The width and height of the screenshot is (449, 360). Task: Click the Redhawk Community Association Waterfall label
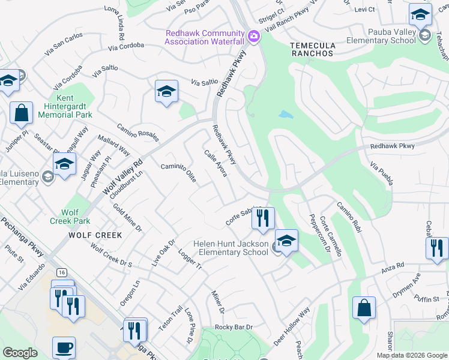tap(205, 37)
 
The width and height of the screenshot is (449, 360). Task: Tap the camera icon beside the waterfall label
tap(253, 37)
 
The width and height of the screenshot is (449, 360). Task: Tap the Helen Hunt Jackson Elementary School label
tap(231, 248)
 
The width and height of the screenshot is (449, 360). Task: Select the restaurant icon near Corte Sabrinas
tap(262, 218)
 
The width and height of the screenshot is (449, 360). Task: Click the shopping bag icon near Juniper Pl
tap(21, 113)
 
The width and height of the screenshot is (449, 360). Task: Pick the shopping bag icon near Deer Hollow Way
tap(364, 308)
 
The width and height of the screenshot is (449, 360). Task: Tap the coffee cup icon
tap(64, 347)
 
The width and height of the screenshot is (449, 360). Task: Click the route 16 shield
tap(63, 272)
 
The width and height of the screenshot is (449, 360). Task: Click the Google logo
tap(20, 353)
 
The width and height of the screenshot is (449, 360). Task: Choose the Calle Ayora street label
tap(215, 163)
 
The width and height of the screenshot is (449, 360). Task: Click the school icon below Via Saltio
tap(166, 92)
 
